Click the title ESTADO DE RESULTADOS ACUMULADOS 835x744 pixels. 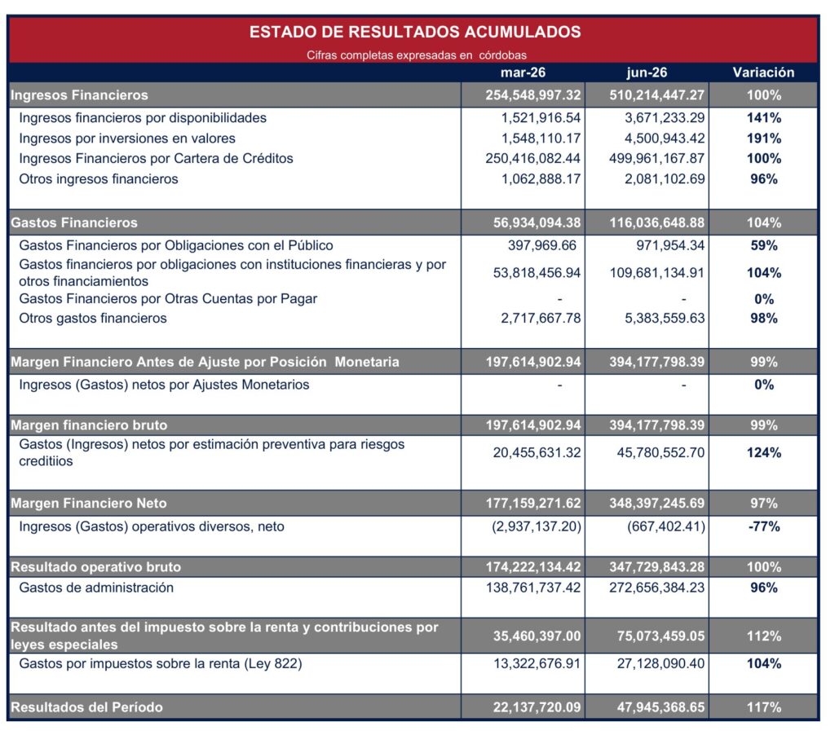(x=415, y=32)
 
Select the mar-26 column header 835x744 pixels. (x=523, y=73)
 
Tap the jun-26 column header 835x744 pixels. (x=647, y=73)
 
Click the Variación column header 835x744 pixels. (x=763, y=73)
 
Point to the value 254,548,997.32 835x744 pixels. (x=533, y=95)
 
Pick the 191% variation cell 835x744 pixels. (x=763, y=139)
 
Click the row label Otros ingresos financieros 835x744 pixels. (x=99, y=178)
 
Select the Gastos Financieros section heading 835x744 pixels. (x=74, y=222)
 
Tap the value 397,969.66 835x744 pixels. (x=542, y=245)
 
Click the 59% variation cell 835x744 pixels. (x=763, y=245)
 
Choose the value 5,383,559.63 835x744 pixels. (x=665, y=319)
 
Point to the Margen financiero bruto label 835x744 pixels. (x=89, y=425)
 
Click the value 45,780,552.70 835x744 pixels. (x=660, y=453)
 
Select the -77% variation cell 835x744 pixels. (x=763, y=527)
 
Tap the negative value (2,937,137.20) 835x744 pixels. (x=537, y=527)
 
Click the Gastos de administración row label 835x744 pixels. (x=96, y=588)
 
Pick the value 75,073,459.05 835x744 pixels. (x=660, y=636)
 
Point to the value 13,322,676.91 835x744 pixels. (x=537, y=663)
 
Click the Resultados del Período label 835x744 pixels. (x=86, y=707)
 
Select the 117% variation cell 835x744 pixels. (x=763, y=707)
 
